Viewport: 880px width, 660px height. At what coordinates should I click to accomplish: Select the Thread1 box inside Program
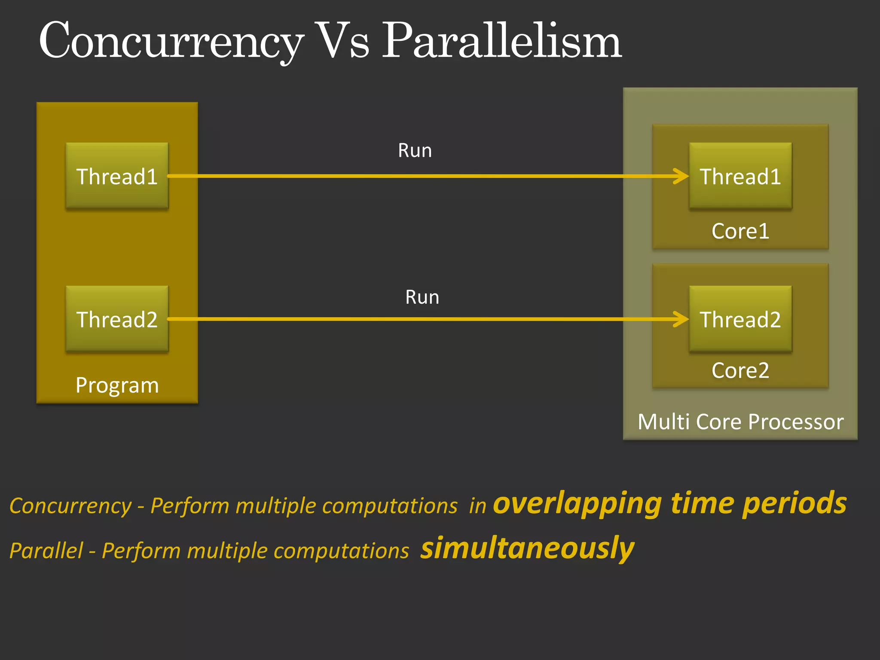[117, 176]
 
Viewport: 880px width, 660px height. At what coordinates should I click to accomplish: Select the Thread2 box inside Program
[117, 319]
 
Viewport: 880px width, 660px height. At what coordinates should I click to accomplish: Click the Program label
[117, 385]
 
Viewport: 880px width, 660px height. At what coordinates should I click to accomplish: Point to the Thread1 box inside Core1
[740, 176]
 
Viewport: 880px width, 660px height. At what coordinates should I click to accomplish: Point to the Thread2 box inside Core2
[740, 319]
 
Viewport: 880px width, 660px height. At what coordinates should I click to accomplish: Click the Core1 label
[740, 231]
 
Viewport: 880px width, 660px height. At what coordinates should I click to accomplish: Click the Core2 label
[740, 370]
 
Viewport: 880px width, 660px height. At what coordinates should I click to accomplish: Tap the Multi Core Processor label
[740, 422]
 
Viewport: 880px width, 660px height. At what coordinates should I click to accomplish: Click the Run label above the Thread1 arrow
[415, 151]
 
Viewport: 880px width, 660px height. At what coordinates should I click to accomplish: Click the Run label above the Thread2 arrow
[422, 297]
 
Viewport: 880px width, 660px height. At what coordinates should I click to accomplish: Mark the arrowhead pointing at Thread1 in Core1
[682, 176]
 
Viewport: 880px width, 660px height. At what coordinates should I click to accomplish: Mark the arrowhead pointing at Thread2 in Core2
[682, 319]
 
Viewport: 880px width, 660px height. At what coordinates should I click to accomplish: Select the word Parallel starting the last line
[46, 551]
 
